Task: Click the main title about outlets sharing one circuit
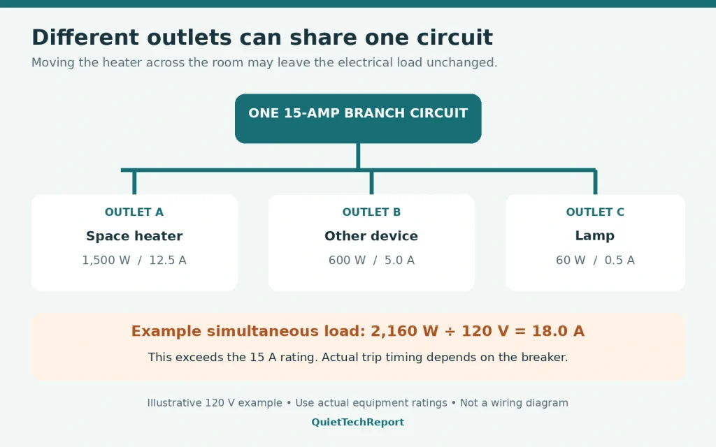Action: tap(262, 38)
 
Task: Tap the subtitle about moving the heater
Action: tap(264, 62)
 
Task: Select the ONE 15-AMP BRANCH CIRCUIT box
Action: tap(358, 119)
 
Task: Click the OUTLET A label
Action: tap(134, 212)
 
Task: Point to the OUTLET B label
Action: tap(371, 212)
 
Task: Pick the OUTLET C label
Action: tap(595, 212)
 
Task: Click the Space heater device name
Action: tap(134, 236)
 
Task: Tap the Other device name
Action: tap(371, 236)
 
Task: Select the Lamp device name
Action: tap(594, 236)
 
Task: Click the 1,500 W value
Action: tap(106, 260)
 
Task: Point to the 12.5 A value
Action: tap(168, 260)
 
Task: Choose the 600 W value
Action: tap(347, 260)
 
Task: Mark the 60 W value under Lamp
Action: tap(571, 260)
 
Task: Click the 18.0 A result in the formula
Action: tap(558, 331)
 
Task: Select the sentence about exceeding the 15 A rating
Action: tap(358, 357)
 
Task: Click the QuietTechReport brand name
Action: tap(357, 423)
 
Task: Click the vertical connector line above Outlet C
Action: tap(596, 182)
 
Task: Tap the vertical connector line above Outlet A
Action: tap(134, 182)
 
